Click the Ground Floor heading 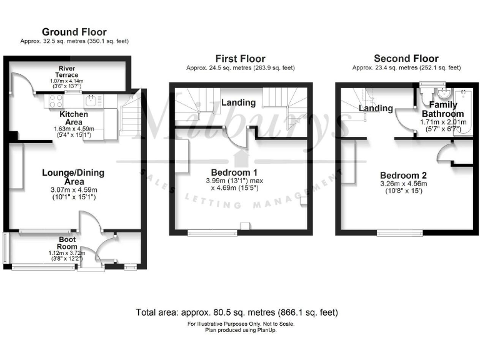point(74,32)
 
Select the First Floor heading point(241,59)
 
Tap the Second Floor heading point(407,59)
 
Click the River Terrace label point(69,71)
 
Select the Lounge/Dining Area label point(73,177)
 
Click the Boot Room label point(67,242)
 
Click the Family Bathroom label point(442,109)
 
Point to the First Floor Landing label point(239,102)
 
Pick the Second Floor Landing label point(376,108)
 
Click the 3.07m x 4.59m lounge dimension point(74,189)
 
